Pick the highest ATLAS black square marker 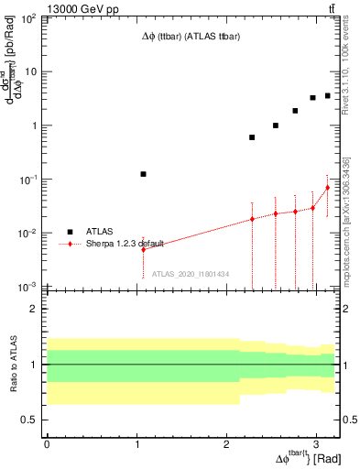pyautogui.click(x=327, y=95)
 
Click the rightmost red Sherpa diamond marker pyautogui.click(x=327, y=188)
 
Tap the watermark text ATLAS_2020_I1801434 pyautogui.click(x=190, y=274)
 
